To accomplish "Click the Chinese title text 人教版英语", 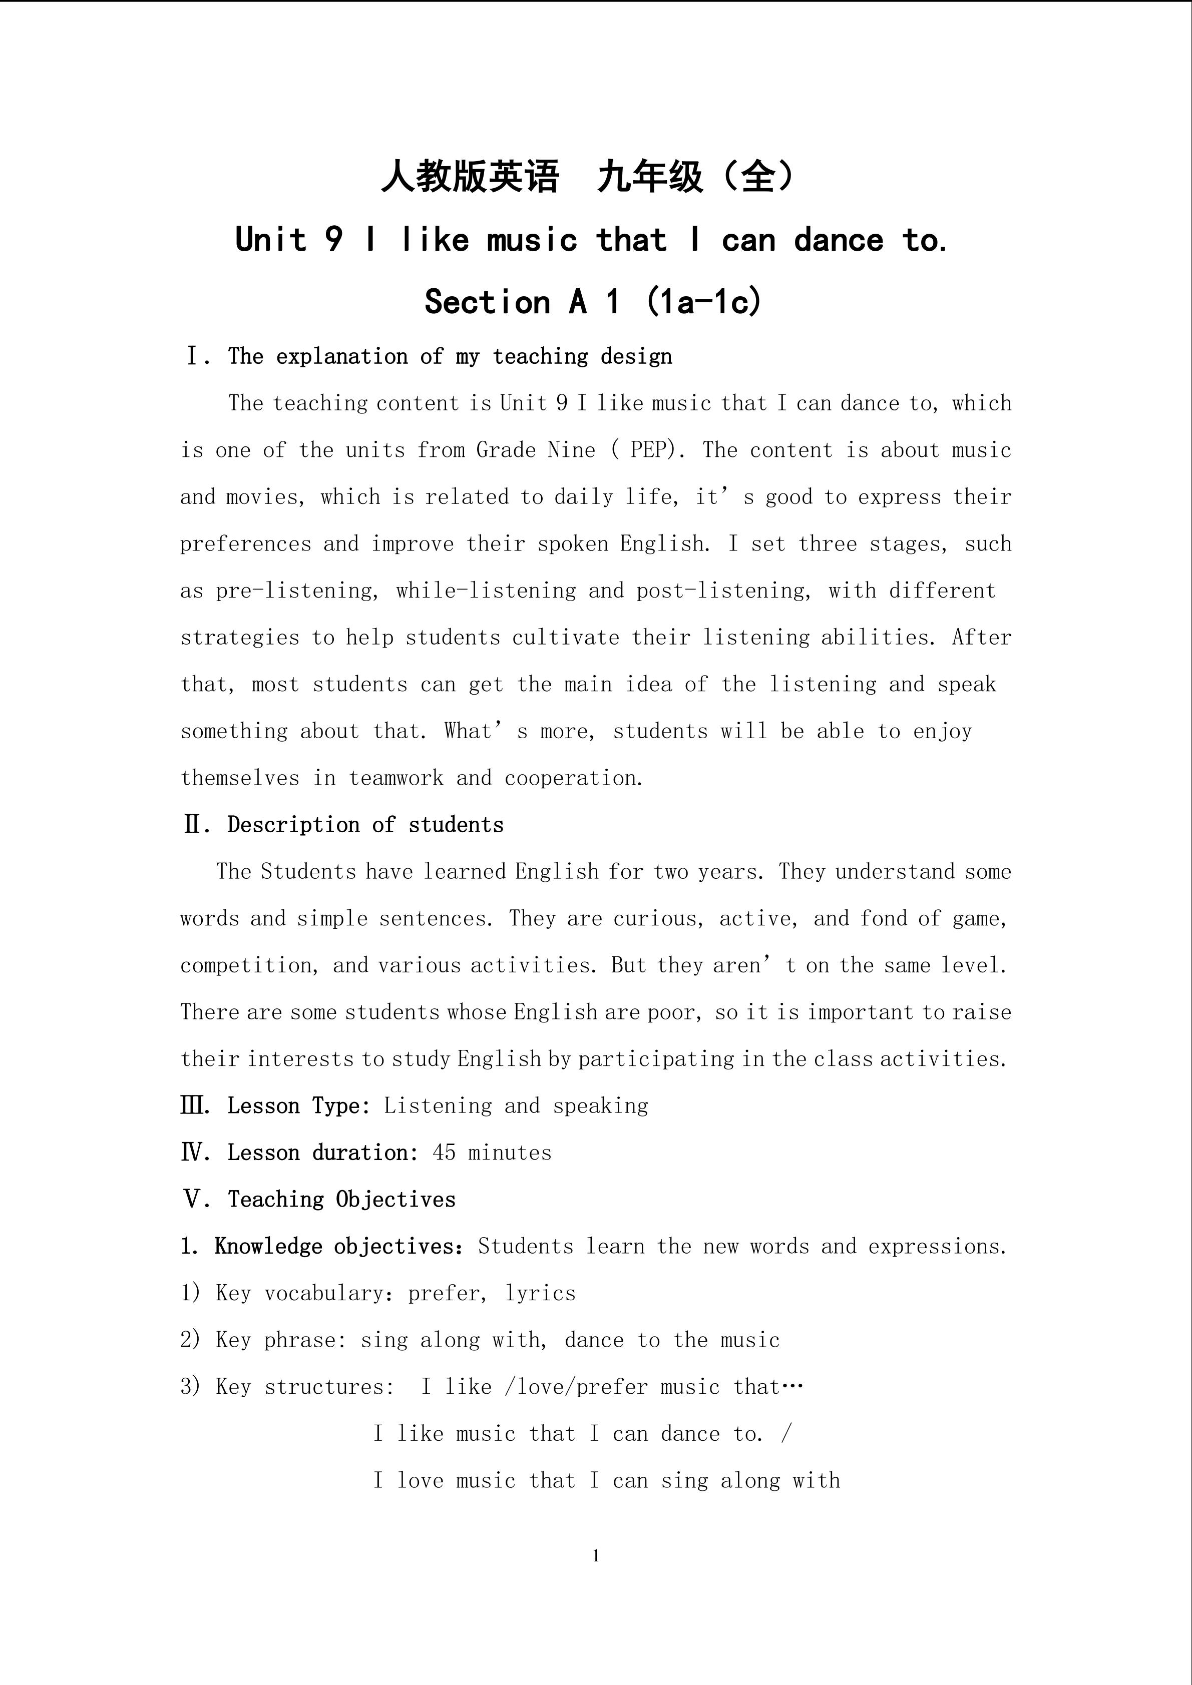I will tap(470, 177).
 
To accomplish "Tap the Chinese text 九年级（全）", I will tap(696, 177).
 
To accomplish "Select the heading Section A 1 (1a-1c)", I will tap(594, 302).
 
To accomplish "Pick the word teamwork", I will tap(395, 778).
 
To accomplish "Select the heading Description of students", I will tap(365, 825).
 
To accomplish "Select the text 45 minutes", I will tap(492, 1152).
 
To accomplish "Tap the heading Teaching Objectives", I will tap(341, 1199).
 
